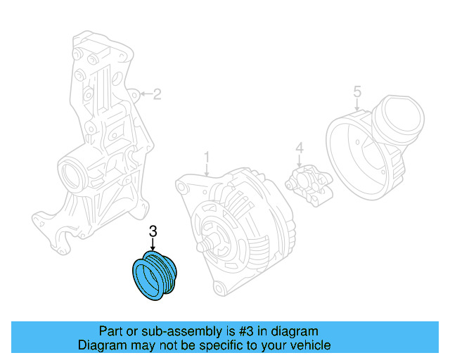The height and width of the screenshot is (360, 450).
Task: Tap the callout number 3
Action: pos(153,231)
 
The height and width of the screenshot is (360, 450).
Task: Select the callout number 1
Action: pos(207,155)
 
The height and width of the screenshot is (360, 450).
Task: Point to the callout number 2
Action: pos(157,94)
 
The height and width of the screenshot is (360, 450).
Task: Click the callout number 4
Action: pos(299,148)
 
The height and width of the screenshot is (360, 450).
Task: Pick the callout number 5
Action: pos(357,91)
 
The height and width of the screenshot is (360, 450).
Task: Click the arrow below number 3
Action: pos(153,245)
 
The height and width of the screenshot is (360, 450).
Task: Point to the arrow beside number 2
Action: pos(144,94)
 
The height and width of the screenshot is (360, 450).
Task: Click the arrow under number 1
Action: pos(207,169)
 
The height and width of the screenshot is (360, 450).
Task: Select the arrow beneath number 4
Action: pos(299,162)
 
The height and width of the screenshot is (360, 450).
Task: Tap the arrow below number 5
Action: pos(357,105)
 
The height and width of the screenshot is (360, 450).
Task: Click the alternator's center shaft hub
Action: pos(211,245)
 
